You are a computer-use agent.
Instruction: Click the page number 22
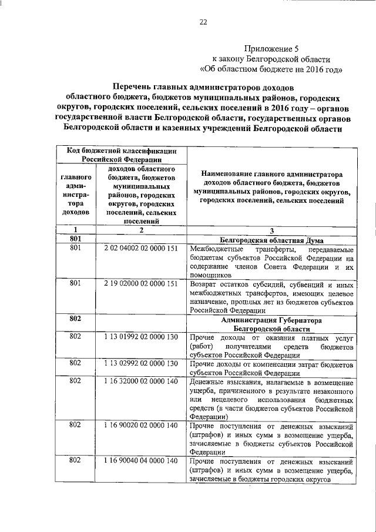203,22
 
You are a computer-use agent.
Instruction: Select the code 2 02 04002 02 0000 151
141,249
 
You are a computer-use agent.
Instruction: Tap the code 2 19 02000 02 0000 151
141,283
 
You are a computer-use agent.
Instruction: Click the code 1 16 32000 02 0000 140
141,381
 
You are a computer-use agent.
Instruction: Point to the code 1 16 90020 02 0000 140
141,425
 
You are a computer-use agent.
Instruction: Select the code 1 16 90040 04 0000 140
141,460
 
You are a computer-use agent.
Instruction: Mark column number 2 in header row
141,230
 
